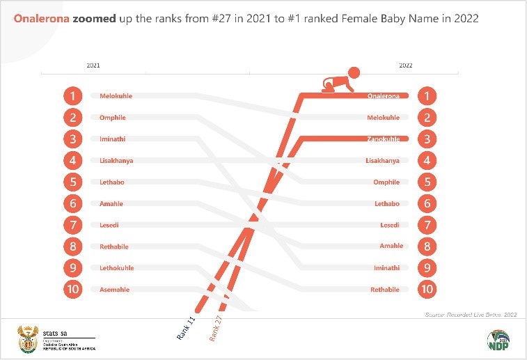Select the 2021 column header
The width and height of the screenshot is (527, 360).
(93, 65)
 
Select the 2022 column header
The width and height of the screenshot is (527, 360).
(405, 65)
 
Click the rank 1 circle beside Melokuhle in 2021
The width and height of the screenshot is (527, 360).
(73, 96)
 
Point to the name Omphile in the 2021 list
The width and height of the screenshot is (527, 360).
(112, 118)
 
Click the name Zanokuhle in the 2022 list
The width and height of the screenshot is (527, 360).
(383, 139)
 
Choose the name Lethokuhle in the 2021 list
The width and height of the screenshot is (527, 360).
(116, 268)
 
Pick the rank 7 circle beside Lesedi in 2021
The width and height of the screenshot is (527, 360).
(73, 225)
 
